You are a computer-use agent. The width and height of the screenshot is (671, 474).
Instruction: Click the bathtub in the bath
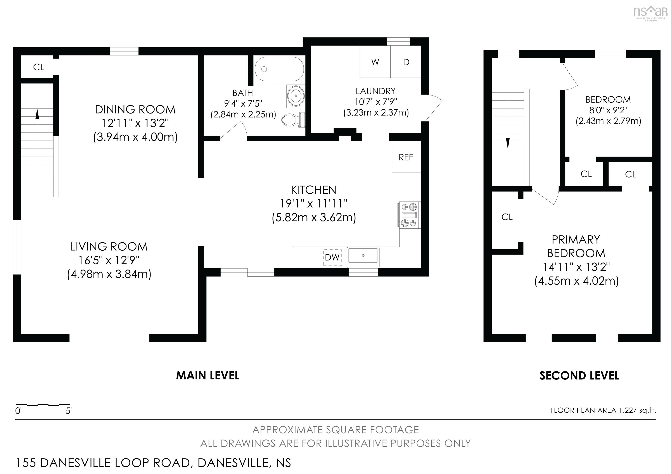coord(279,69)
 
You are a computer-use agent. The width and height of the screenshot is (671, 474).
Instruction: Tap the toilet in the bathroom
coord(292,119)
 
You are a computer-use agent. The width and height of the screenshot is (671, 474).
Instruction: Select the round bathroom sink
coord(296,95)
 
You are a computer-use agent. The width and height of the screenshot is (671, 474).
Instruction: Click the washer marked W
coord(375,62)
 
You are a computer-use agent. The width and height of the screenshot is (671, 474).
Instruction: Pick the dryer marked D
coord(406,62)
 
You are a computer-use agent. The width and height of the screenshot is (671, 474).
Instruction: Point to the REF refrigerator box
coord(406,157)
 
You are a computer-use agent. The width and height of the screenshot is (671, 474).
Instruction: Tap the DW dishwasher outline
coord(332,257)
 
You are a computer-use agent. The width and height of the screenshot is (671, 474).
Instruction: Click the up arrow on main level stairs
coord(37,114)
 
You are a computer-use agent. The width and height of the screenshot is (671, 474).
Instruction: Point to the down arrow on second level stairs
coord(508,143)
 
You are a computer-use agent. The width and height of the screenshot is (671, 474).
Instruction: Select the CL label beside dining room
coord(39,67)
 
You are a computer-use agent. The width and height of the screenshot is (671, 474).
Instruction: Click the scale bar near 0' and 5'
coord(43,405)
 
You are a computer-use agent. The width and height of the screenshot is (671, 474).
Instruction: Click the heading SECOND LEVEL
coord(579,376)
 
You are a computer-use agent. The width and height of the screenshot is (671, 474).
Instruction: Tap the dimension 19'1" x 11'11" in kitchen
coord(314,203)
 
